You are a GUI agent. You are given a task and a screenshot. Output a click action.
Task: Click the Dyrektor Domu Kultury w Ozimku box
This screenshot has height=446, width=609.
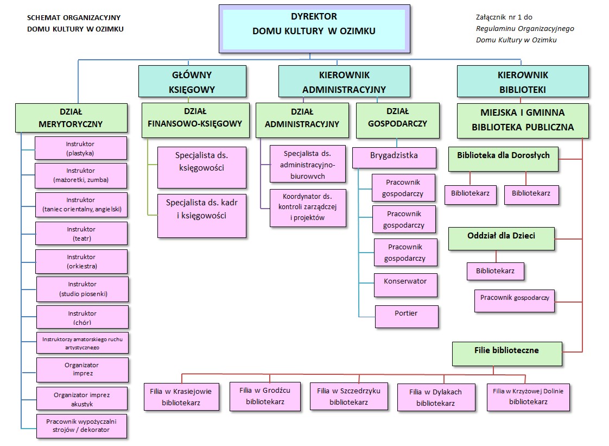(x=314, y=26)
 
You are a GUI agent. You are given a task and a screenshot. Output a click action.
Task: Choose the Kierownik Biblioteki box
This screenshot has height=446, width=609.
(x=523, y=81)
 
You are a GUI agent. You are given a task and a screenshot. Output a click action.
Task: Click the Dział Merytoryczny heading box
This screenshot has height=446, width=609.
(x=71, y=118)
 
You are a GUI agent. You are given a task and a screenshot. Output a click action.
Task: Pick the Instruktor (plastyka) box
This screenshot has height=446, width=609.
(x=80, y=148)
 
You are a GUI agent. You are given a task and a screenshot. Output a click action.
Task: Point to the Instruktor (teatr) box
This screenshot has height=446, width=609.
(x=81, y=233)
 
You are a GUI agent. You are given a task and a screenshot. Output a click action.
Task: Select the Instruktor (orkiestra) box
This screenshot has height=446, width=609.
(x=81, y=261)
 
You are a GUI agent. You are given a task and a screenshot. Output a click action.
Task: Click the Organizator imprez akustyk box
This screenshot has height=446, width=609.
(x=82, y=399)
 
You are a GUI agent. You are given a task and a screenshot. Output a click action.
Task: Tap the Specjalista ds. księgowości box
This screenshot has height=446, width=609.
(x=202, y=167)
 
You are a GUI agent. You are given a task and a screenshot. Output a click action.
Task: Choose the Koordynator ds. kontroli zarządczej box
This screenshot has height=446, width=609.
(x=308, y=207)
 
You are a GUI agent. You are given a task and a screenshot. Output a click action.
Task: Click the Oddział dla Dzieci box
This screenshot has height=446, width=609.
(x=502, y=239)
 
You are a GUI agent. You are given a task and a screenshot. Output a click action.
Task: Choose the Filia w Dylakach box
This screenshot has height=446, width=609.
(x=436, y=398)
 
